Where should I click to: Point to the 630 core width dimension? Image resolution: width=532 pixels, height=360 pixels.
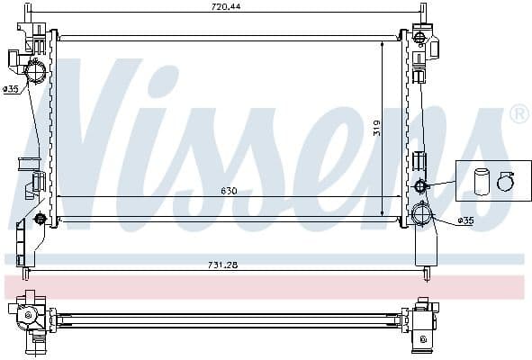[x=230, y=191]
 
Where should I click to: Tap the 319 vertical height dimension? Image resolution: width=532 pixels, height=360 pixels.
[x=376, y=127]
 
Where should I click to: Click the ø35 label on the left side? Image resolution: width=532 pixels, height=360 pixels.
[x=10, y=88]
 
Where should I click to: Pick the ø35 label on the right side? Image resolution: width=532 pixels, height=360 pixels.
[x=465, y=220]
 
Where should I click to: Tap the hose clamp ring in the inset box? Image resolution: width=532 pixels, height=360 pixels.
[x=504, y=182]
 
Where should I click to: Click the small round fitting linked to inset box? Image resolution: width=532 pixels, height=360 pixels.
[x=419, y=186]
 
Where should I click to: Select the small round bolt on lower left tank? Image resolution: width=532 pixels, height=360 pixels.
[x=39, y=219]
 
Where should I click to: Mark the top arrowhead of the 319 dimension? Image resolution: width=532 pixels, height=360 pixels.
[x=383, y=42]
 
